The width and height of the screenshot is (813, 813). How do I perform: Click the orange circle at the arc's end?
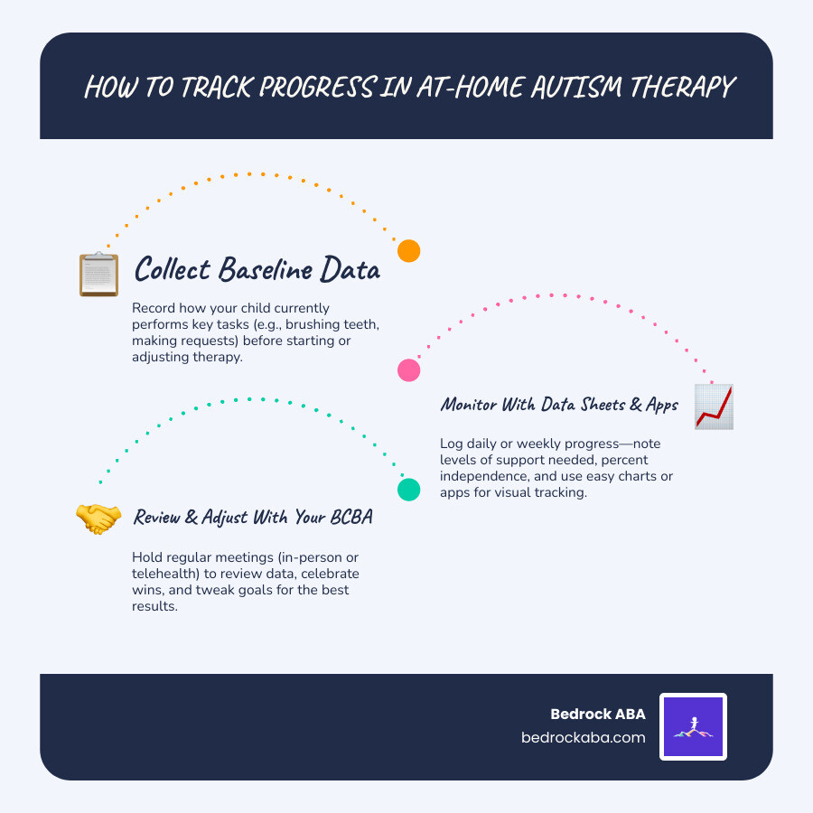409,250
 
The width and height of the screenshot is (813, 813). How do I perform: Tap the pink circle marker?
409,369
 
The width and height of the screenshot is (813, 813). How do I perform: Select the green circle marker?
409,490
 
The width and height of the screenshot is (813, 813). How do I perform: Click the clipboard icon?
98,274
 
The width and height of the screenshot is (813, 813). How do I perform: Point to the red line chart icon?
714,406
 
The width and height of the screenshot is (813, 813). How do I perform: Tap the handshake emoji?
98,518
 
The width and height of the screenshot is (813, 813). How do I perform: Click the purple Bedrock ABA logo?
693,726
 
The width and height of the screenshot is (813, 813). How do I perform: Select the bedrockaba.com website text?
584,737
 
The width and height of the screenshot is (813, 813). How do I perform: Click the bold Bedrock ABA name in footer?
598,715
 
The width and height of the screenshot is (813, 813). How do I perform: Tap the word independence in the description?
481,476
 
